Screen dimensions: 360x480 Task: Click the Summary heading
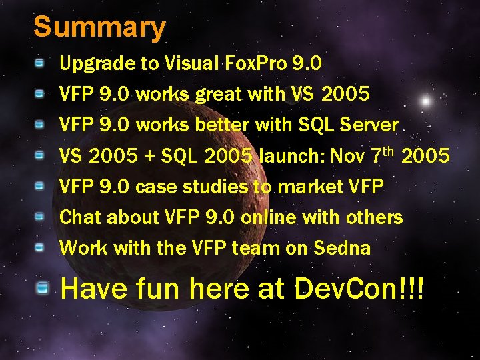(x=99, y=28)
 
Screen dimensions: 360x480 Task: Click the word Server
(x=369, y=125)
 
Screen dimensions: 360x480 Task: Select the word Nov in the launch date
(x=347, y=156)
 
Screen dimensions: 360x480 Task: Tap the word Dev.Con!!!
(x=359, y=289)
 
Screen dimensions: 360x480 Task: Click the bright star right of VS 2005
(x=425, y=101)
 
